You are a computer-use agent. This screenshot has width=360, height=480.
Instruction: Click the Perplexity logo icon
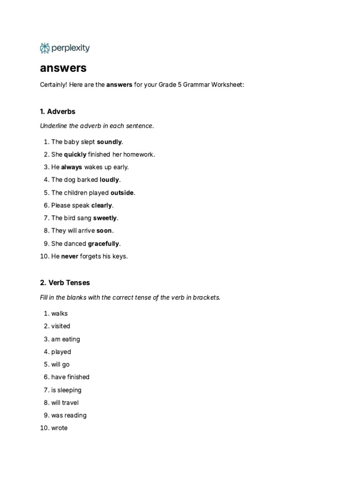45,48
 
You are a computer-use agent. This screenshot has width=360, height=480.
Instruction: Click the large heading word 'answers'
63,68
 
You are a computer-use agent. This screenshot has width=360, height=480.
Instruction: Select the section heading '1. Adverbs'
58,112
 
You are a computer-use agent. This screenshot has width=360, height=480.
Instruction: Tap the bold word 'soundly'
109,142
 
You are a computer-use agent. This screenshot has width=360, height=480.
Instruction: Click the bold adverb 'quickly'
75,154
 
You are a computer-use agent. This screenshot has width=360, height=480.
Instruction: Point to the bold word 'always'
72,167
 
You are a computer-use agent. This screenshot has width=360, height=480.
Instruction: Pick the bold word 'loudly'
110,180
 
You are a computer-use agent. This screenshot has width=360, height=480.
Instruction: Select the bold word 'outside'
122,193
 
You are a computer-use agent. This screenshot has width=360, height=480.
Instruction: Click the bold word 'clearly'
102,205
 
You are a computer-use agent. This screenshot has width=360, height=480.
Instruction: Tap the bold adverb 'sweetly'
105,218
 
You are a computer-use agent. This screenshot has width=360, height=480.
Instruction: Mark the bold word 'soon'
104,231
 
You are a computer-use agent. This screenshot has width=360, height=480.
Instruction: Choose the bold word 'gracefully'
104,244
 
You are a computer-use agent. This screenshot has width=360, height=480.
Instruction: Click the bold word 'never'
70,256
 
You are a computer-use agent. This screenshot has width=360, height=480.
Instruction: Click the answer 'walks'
60,313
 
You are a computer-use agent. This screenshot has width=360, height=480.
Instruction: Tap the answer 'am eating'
66,339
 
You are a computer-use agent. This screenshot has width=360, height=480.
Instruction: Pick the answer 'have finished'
70,377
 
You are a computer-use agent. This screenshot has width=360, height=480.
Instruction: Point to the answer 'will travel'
65,403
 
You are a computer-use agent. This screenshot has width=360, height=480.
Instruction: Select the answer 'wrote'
60,428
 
